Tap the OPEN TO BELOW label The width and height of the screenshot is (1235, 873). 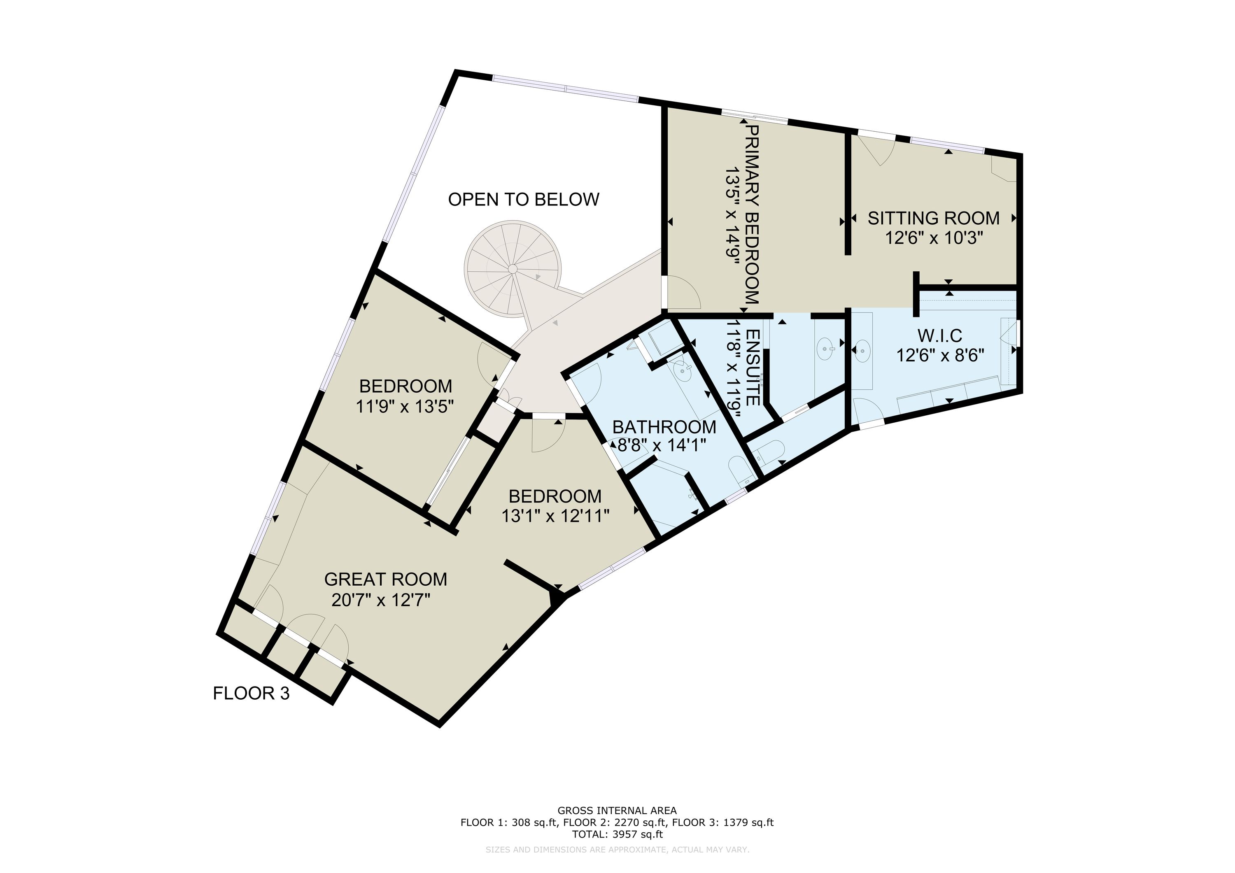[523, 200]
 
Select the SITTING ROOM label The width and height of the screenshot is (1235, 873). [934, 219]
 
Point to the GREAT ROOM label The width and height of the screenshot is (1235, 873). [386, 579]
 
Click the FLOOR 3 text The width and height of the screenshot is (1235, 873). [251, 694]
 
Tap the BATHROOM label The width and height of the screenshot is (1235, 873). [664, 427]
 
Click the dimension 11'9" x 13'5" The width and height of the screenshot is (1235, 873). [405, 407]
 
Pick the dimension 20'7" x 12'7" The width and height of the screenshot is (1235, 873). [381, 600]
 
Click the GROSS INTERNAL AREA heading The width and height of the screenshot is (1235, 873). [617, 810]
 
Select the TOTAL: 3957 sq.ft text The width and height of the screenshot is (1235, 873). [617, 835]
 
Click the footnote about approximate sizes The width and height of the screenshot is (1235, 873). [617, 850]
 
